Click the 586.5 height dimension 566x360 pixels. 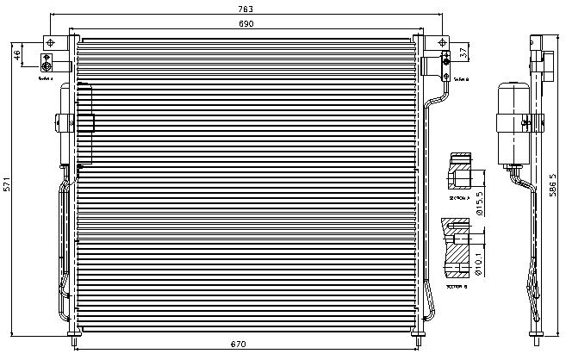552,184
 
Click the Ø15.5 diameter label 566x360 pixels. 482,203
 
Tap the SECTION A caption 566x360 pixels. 460,198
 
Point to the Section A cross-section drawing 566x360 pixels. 461,172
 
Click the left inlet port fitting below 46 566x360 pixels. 47,63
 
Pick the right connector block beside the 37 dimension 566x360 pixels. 446,59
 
